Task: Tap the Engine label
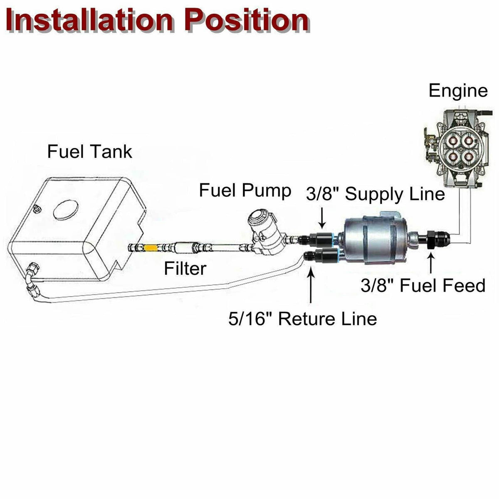[x=458, y=91]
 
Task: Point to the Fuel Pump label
[x=245, y=191]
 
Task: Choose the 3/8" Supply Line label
[x=375, y=194]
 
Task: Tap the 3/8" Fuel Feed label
[x=423, y=285]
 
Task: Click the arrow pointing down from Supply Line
[x=322, y=217]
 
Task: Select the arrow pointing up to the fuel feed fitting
[x=431, y=264]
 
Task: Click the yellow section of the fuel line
[x=150, y=248]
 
